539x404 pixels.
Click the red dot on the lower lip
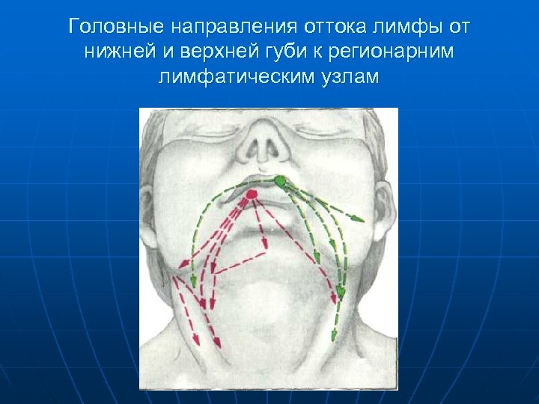click(x=252, y=194)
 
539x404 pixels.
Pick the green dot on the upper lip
click(x=280, y=180)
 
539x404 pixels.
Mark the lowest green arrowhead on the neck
click(x=341, y=292)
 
